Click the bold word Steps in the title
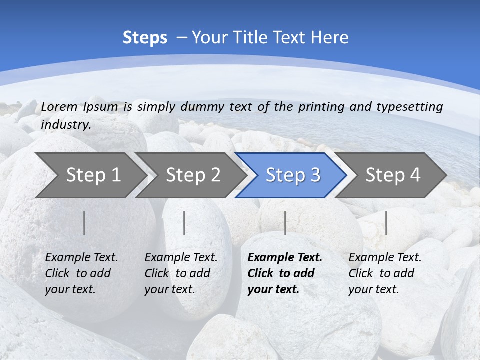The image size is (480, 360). coord(145,38)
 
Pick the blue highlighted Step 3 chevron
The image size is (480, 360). coord(293,175)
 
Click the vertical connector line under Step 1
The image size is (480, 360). coord(84,223)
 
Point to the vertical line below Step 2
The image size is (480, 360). coord(184,223)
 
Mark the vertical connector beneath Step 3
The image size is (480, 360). coord(285,223)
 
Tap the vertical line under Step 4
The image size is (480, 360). coord(386,223)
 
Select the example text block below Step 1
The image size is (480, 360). coord(81,273)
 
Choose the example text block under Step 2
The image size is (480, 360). coord(181,273)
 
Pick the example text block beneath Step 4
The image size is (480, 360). coord(385,273)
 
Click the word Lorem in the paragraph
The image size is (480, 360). coord(59,107)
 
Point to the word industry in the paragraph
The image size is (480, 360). coord(66,125)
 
